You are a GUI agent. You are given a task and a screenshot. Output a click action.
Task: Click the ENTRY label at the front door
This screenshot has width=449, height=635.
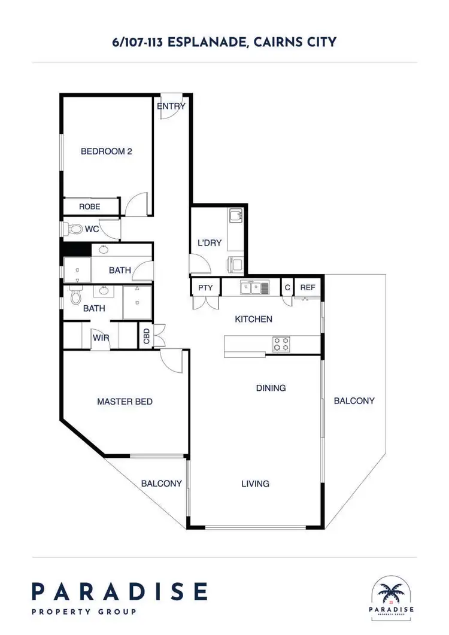pos(171,107)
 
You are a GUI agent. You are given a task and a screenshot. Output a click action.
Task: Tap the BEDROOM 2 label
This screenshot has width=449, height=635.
pos(106,151)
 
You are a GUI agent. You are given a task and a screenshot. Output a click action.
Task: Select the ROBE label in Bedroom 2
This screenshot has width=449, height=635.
pos(90,206)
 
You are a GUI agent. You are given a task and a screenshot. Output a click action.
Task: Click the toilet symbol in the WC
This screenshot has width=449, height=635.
pos(74,229)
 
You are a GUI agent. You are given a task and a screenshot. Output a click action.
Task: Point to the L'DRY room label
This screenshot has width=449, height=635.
pos(210,243)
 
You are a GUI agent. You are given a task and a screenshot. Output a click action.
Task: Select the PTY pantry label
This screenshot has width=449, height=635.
pos(205,288)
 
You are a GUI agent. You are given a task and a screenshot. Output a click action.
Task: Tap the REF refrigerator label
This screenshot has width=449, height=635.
pos(307,288)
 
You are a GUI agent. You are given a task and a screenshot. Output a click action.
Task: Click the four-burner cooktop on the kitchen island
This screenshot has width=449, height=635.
pos(281,344)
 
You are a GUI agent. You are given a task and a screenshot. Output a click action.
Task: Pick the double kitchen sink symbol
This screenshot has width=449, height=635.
pos(254,288)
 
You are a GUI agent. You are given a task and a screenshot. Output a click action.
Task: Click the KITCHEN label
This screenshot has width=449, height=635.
pos(253,320)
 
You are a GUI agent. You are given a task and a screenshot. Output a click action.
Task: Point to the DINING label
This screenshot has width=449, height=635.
pos(271,388)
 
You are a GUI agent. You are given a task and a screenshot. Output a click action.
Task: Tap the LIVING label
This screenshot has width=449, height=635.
pos(255,484)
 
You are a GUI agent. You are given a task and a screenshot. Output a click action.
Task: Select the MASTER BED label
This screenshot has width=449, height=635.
pos(125,402)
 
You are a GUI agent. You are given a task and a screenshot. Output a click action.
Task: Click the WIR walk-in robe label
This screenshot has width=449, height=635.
pos(101,338)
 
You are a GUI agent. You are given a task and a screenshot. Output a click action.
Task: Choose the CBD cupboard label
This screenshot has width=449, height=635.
pos(147,336)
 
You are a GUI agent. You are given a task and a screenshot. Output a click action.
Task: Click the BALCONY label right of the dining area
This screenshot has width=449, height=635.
pos(354,401)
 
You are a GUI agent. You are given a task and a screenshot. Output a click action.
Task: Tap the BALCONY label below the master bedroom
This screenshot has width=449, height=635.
pos(161,484)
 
